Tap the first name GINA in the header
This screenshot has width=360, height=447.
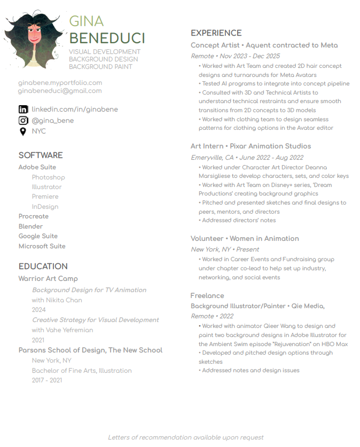pos(87,21)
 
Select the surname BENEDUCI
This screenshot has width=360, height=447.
pos(107,38)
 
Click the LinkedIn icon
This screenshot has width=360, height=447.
pos(23,109)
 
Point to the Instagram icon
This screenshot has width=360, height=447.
pos(23,121)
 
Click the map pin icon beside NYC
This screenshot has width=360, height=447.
pos(23,131)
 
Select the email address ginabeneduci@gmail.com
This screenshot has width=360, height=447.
pos(60,91)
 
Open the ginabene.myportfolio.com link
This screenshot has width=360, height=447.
pos(60,83)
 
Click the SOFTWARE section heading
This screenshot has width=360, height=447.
pos(41,155)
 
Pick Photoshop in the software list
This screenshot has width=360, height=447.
pos(48,177)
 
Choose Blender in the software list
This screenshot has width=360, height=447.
pos(30,226)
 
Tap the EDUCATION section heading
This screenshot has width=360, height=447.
pos(43,266)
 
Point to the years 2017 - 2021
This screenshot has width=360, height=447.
pos(47,380)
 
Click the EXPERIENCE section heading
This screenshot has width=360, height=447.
pos(216,33)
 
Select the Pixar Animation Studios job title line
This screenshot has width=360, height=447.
pos(251,146)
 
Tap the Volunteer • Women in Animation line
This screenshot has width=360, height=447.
pos(245,239)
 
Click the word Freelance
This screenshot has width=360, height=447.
pos(207,296)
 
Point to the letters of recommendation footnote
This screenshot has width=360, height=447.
pos(186,437)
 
